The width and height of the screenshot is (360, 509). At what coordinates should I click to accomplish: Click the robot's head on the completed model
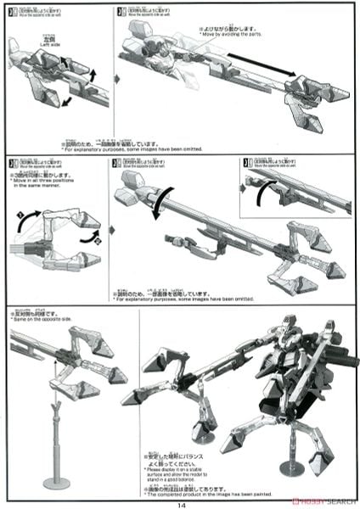click(x=290, y=325)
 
